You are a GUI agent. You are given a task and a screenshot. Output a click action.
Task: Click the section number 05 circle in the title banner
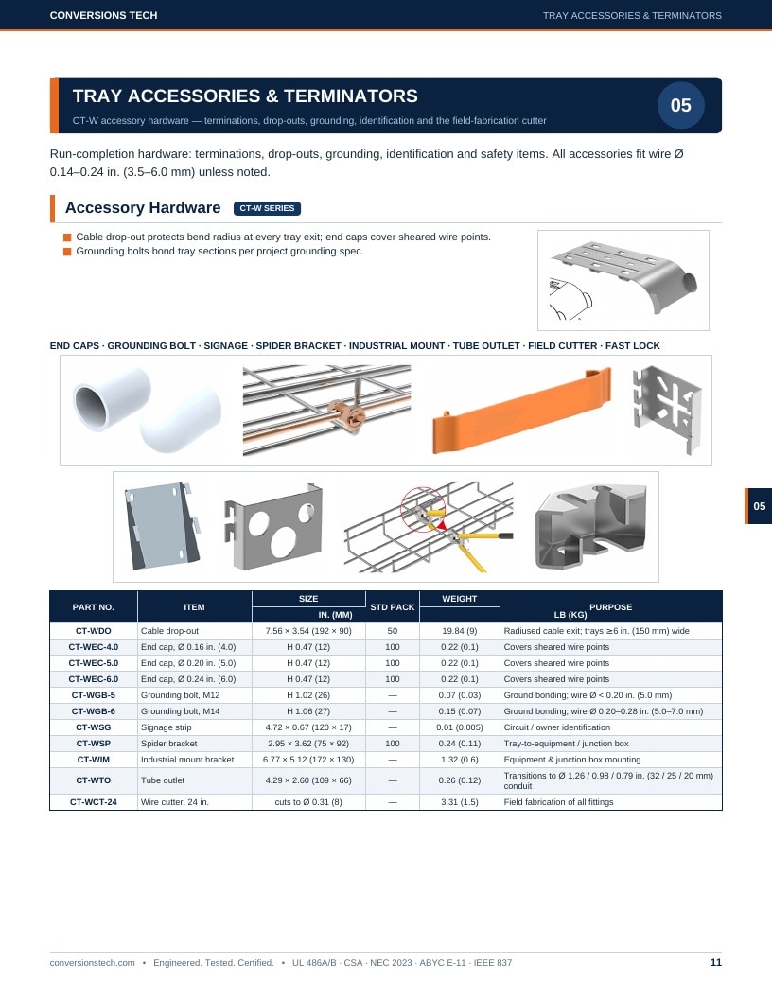tap(680, 105)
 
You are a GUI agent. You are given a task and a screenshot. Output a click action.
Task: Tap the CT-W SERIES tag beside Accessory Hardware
tap(267, 208)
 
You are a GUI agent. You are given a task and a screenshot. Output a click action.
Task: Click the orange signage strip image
tap(521, 411)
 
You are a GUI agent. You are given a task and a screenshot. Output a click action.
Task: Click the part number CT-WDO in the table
tap(93, 631)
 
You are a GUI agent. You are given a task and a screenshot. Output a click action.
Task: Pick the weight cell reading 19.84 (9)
tap(459, 631)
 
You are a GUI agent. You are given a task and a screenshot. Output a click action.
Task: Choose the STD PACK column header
tap(393, 607)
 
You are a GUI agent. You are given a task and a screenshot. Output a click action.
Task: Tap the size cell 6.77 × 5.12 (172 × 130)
tap(308, 760)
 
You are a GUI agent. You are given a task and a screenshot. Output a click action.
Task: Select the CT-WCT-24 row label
tap(93, 802)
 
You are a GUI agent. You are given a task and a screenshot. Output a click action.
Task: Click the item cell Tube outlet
tap(163, 780)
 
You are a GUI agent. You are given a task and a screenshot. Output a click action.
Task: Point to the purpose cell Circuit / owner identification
tap(556, 727)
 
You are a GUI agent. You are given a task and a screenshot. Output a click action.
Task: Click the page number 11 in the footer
tap(716, 963)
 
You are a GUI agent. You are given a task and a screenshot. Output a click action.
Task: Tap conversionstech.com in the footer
tap(93, 963)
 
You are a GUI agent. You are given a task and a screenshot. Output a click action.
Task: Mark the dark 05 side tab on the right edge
tap(758, 506)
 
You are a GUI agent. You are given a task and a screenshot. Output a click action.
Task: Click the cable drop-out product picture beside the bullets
tap(623, 280)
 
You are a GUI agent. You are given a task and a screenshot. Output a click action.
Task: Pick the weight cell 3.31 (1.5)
tap(459, 802)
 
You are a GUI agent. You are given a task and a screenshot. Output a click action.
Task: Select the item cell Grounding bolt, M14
tap(181, 711)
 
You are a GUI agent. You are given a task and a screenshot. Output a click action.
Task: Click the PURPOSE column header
tap(611, 607)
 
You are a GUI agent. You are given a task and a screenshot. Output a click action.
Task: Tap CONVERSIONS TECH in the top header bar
tap(103, 15)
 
